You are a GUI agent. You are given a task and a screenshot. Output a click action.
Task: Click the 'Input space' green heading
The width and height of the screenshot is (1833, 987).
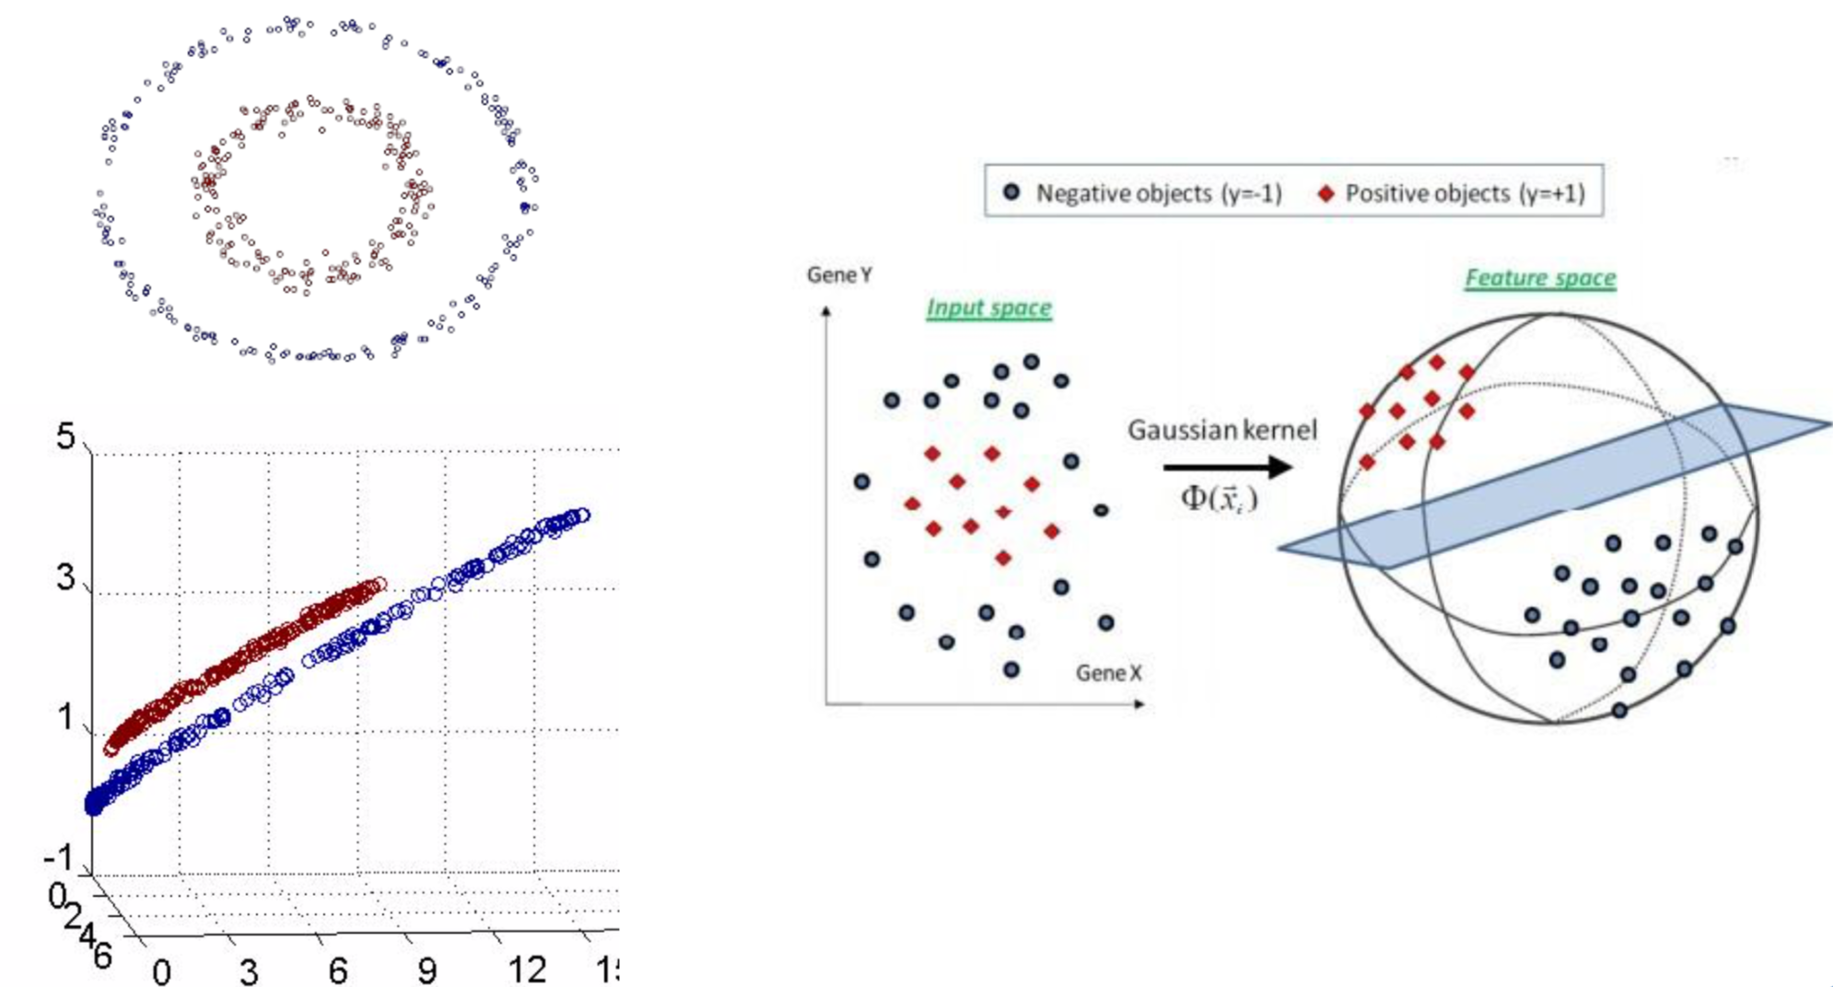pyautogui.click(x=988, y=308)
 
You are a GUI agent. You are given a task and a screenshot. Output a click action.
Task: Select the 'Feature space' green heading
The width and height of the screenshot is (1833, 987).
pyautogui.click(x=1540, y=278)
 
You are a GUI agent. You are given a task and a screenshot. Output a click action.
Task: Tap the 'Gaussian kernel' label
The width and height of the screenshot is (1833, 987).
pyautogui.click(x=1222, y=430)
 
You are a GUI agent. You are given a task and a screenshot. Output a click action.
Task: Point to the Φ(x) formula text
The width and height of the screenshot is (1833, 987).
pyautogui.click(x=1219, y=498)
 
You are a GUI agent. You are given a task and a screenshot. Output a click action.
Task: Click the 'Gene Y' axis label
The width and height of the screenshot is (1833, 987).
pyautogui.click(x=838, y=275)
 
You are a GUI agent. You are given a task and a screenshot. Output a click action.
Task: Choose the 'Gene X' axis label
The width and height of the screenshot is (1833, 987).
pyautogui.click(x=1108, y=673)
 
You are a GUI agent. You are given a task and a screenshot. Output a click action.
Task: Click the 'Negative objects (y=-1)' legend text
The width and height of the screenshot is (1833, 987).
pyautogui.click(x=1159, y=193)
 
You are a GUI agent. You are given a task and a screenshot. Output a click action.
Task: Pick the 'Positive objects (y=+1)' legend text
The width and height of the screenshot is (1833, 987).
pyautogui.click(x=1465, y=193)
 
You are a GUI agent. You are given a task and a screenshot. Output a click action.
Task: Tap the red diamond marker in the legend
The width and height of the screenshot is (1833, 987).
pyautogui.click(x=1325, y=193)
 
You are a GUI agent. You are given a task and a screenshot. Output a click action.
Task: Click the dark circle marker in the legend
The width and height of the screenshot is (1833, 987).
pyautogui.click(x=1011, y=192)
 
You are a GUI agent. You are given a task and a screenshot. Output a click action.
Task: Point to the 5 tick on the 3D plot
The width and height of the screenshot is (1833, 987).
pyautogui.click(x=65, y=435)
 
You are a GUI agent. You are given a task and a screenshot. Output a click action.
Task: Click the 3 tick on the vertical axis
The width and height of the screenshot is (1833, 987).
pyautogui.click(x=65, y=577)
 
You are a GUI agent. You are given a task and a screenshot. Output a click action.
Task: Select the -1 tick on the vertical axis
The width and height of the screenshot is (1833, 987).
pyautogui.click(x=58, y=858)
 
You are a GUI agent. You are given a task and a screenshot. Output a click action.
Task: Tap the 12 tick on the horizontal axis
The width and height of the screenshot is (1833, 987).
pyautogui.click(x=527, y=969)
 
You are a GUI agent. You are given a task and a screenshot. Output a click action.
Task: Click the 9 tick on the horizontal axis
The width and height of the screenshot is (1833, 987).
pyautogui.click(x=426, y=970)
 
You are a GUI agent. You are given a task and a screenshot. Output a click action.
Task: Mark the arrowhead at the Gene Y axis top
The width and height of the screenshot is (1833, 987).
pyautogui.click(x=826, y=312)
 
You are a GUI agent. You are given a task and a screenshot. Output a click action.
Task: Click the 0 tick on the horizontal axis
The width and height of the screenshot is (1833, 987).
pyautogui.click(x=161, y=971)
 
